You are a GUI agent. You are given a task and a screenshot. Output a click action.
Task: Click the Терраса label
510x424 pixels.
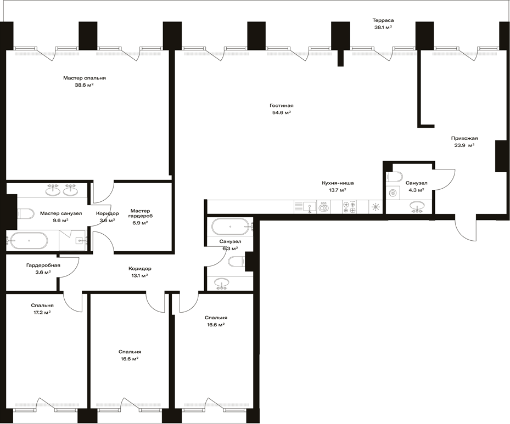point(383,20)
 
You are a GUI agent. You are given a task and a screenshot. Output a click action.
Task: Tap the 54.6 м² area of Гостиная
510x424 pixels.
point(281,112)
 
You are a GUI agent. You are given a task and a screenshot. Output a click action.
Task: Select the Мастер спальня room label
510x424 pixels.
point(85,78)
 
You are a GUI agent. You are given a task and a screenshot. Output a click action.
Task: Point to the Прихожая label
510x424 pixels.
point(464,138)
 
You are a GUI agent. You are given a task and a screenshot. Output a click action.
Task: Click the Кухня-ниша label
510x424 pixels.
point(338,183)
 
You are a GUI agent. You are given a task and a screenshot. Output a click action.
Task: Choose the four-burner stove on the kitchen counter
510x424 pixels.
point(349,207)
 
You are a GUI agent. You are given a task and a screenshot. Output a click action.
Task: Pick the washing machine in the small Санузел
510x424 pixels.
point(393,192)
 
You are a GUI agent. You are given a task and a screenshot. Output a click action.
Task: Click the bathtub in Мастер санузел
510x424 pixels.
point(27,241)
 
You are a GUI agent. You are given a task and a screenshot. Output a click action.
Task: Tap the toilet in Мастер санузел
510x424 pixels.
point(25,213)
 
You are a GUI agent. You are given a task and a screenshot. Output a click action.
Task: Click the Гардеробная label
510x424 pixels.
point(43,265)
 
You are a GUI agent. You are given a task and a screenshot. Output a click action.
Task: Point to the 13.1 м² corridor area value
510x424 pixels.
point(139,275)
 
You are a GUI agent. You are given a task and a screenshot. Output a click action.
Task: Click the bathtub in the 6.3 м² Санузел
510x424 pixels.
point(230,226)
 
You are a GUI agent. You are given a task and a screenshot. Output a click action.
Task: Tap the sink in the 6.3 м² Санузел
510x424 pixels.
point(222,284)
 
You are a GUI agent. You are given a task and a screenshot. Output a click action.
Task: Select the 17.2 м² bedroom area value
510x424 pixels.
point(42,312)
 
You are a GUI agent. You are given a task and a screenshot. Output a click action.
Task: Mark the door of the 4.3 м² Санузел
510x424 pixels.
point(444,179)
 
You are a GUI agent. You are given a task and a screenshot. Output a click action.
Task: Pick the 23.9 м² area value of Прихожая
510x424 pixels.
point(464,145)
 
